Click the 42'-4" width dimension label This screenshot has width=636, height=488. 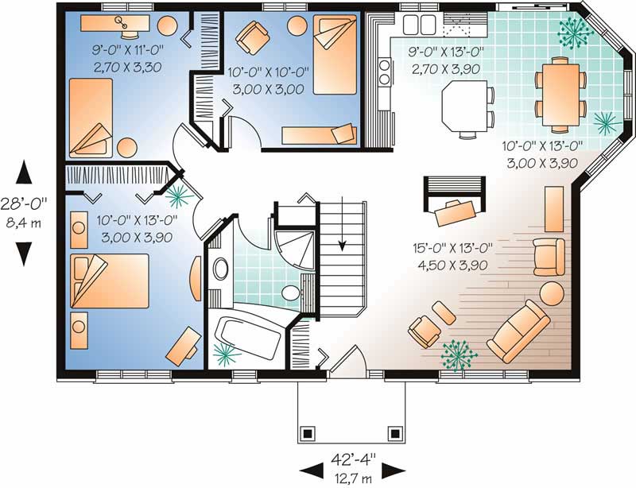click(353, 459)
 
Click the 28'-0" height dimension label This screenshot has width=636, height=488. click(24, 203)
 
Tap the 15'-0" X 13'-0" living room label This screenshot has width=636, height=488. click(452, 248)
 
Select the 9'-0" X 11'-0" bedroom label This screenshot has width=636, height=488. click(128, 50)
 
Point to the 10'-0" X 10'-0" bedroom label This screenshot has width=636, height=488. click(268, 72)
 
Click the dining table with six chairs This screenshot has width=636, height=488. click(560, 94)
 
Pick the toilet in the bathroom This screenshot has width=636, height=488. click(290, 292)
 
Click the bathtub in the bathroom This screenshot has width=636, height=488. click(246, 335)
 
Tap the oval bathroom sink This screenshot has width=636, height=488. click(221, 268)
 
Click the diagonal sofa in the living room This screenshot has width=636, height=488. click(519, 331)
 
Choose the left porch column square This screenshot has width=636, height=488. click(308, 433)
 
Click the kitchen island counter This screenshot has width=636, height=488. click(464, 106)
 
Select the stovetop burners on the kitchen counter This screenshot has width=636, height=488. click(384, 72)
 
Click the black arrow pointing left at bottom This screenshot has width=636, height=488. click(312, 470)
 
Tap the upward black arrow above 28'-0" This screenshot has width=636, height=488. click(24, 172)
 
